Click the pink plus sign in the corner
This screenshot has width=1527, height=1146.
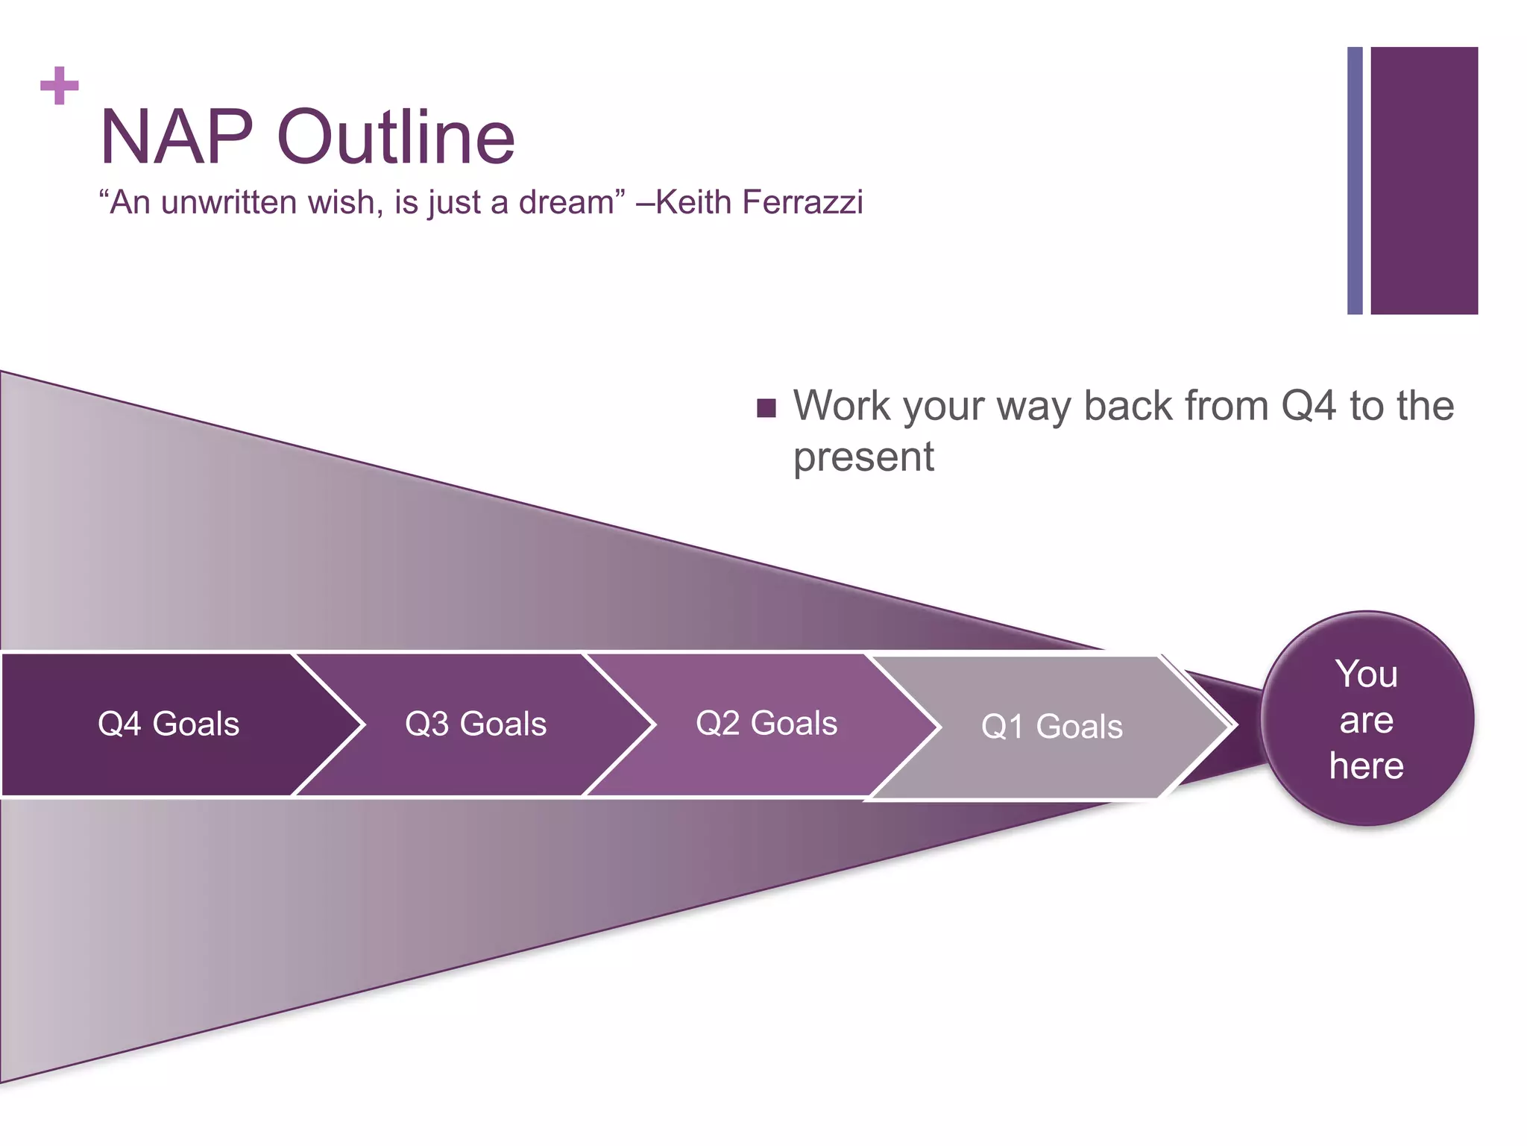(x=60, y=86)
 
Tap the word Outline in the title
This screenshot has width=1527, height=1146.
(x=396, y=137)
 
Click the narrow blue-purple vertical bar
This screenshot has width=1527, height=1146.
(x=1355, y=181)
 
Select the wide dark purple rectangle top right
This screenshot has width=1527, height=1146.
(x=1424, y=181)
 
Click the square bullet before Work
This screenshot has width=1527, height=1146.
(x=766, y=408)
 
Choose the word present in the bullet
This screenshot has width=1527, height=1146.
(x=863, y=457)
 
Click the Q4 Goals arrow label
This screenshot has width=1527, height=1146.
(x=169, y=724)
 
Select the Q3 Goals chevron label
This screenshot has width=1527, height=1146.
(x=476, y=724)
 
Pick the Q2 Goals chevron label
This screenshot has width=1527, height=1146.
(x=766, y=724)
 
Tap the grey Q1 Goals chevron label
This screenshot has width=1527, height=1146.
(x=1051, y=727)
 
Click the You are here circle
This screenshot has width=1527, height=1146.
(x=1367, y=719)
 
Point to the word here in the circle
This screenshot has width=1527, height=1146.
(x=1367, y=766)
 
